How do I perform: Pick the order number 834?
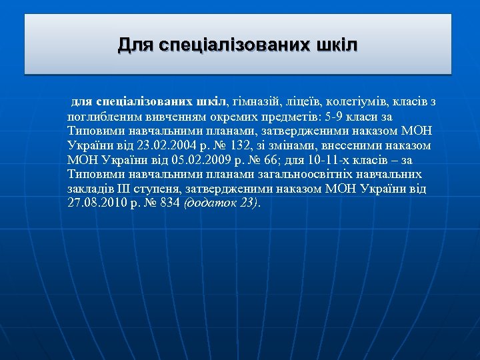click(170, 203)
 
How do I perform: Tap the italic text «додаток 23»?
click(221, 203)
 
